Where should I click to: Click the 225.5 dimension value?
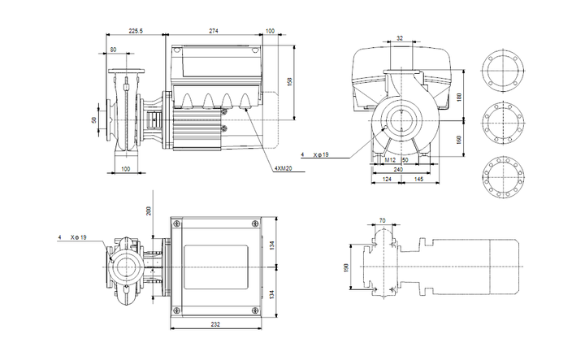pyautogui.click(x=136, y=31)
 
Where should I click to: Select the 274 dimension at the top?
pyautogui.click(x=214, y=31)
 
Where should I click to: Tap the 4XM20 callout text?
pyautogui.click(x=284, y=168)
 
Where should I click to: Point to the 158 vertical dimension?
pyautogui.click(x=290, y=81)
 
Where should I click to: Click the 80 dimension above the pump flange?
pyautogui.click(x=113, y=50)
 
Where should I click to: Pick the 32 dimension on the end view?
pyautogui.click(x=400, y=38)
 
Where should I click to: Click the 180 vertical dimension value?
pyautogui.click(x=459, y=97)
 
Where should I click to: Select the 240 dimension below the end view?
pyautogui.click(x=398, y=169)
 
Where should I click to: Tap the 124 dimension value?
pyautogui.click(x=387, y=180)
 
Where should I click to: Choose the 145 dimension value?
pyautogui.click(x=419, y=180)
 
